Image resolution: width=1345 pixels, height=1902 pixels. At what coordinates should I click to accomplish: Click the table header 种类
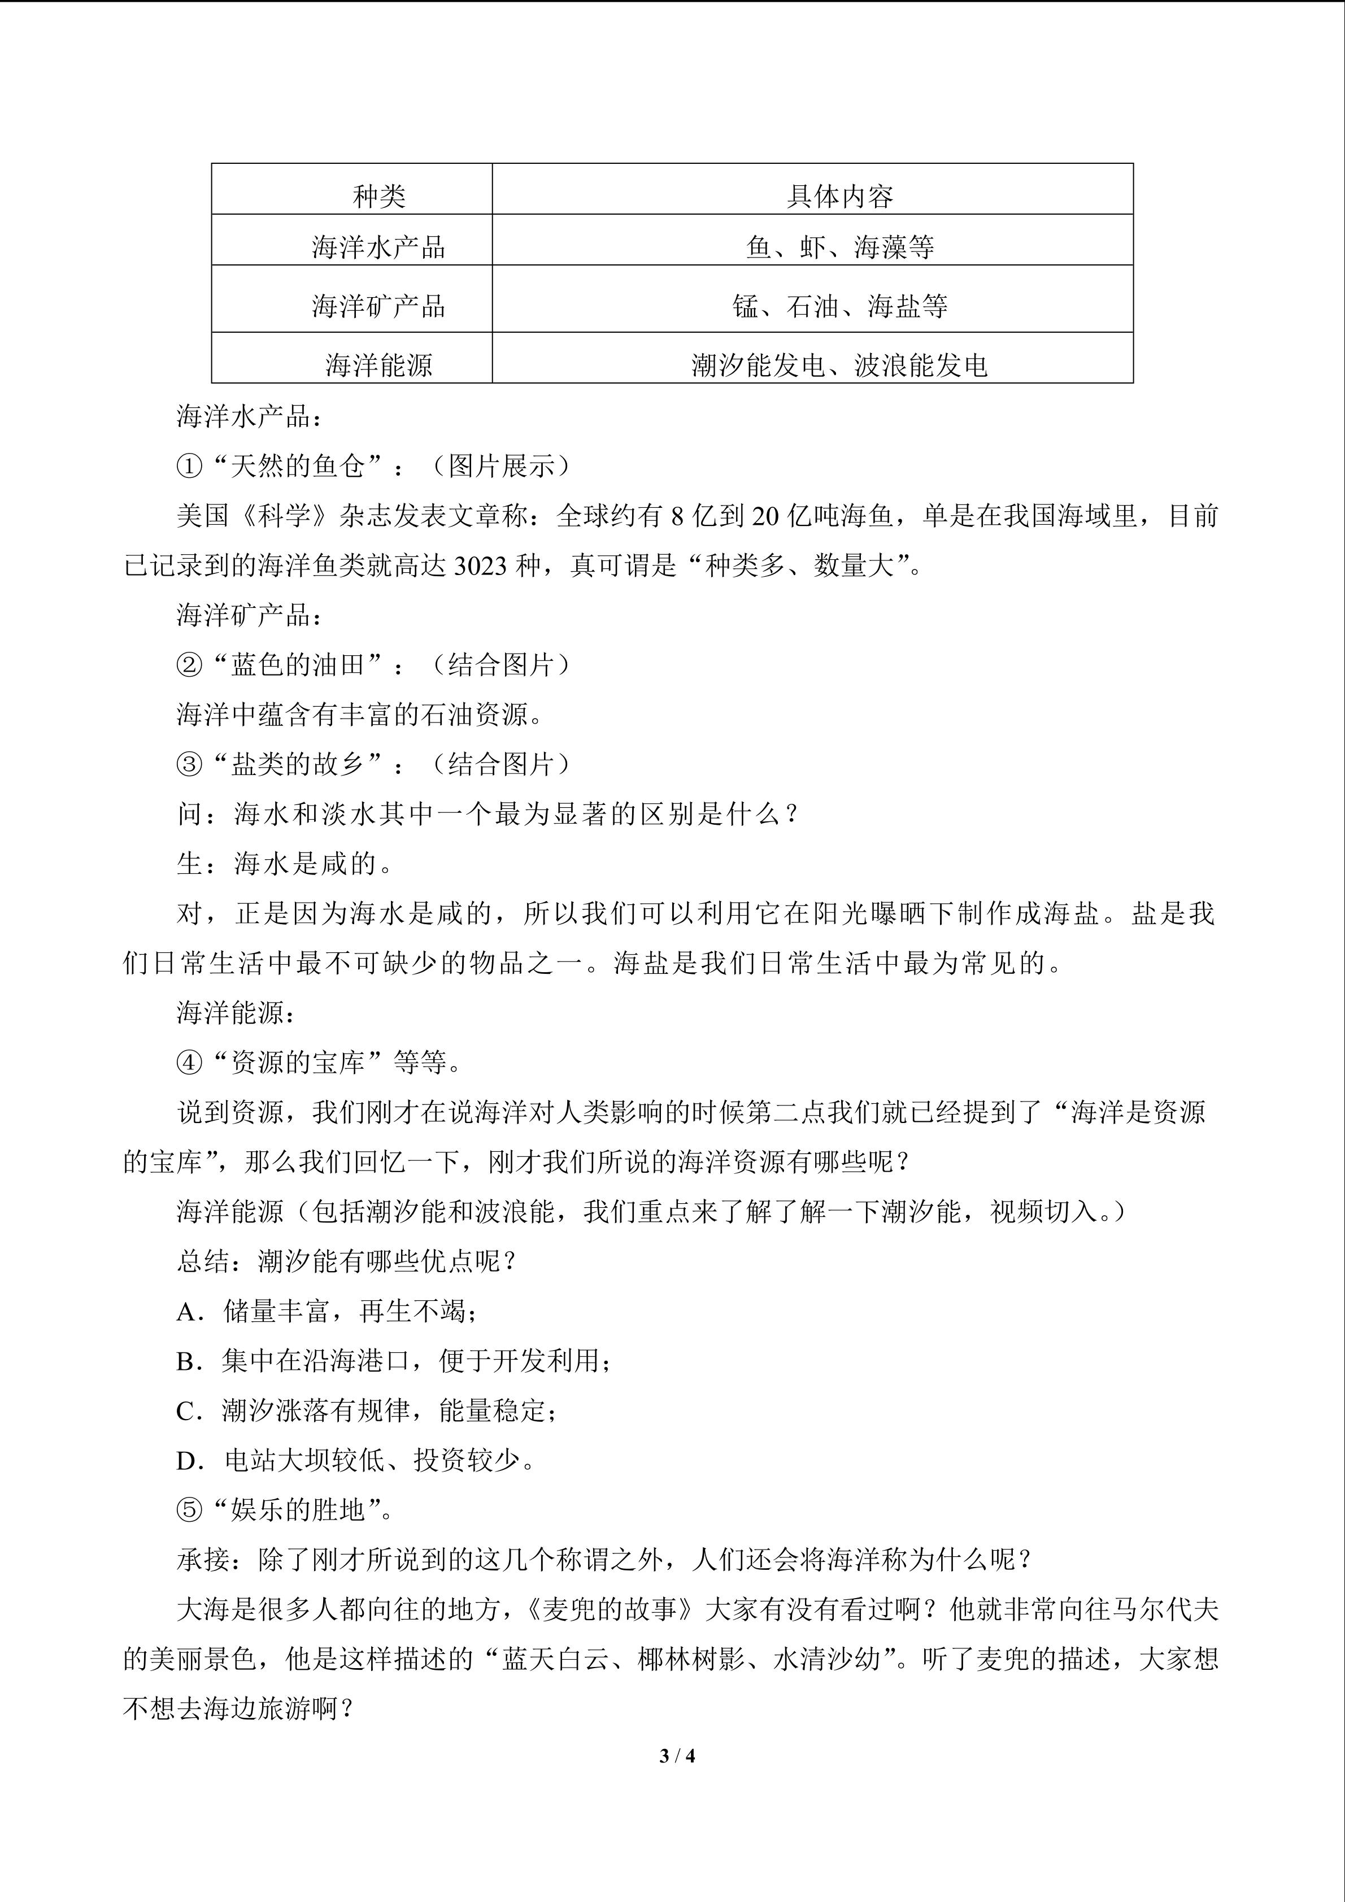378,197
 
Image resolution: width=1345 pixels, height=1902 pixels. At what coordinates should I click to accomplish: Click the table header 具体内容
839,197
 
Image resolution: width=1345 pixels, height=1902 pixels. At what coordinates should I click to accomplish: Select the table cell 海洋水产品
378,247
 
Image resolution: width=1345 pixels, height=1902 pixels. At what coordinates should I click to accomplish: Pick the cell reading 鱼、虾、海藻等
839,247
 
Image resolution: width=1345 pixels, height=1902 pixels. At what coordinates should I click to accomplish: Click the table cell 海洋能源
378,364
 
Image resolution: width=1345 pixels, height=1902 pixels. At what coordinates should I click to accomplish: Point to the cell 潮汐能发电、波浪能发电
839,364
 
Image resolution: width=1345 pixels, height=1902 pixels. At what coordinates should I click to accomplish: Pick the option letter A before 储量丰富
186,1311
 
